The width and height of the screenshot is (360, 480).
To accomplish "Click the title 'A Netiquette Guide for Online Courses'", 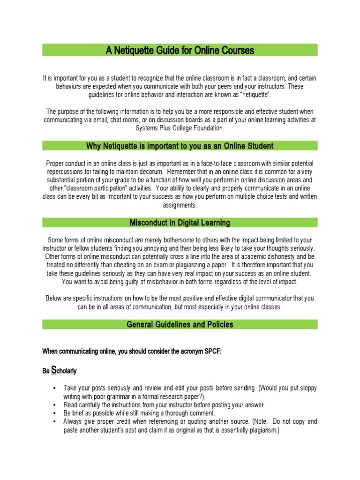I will pos(180,50).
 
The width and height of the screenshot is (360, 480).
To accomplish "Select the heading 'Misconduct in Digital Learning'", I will pos(180,223).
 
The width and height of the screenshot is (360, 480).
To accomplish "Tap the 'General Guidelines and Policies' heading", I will pos(180,324).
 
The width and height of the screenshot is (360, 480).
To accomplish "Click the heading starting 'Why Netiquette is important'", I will pos(180,146).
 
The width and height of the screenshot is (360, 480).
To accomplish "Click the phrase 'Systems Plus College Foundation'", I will pos(180,128).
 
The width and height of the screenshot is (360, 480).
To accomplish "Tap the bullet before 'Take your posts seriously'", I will pos(55,389).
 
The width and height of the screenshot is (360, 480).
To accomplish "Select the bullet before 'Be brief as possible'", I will pos(55,413).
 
